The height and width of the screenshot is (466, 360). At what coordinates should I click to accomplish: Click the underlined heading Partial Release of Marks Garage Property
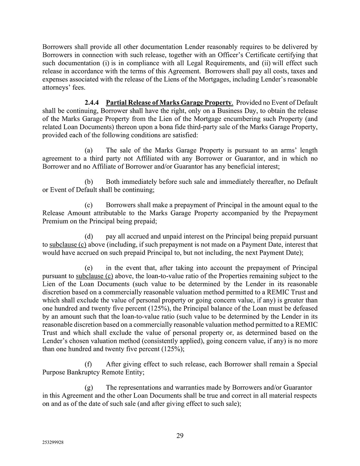tap(169, 102)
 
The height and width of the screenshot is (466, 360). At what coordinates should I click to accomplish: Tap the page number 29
tap(180, 436)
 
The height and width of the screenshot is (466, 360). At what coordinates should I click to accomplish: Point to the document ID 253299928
tap(53, 443)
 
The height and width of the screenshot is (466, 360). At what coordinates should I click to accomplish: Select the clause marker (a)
tap(89, 150)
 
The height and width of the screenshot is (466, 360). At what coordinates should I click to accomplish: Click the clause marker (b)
tap(89, 182)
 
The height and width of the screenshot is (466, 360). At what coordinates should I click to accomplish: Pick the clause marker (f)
tap(88, 364)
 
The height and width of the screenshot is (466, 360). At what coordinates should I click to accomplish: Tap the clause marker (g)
tap(89, 388)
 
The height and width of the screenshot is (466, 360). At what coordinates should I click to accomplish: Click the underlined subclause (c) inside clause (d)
tap(68, 244)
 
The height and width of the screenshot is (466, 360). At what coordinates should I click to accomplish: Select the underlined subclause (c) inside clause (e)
tap(94, 276)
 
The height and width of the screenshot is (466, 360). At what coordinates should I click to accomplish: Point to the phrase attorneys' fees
tap(64, 87)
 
